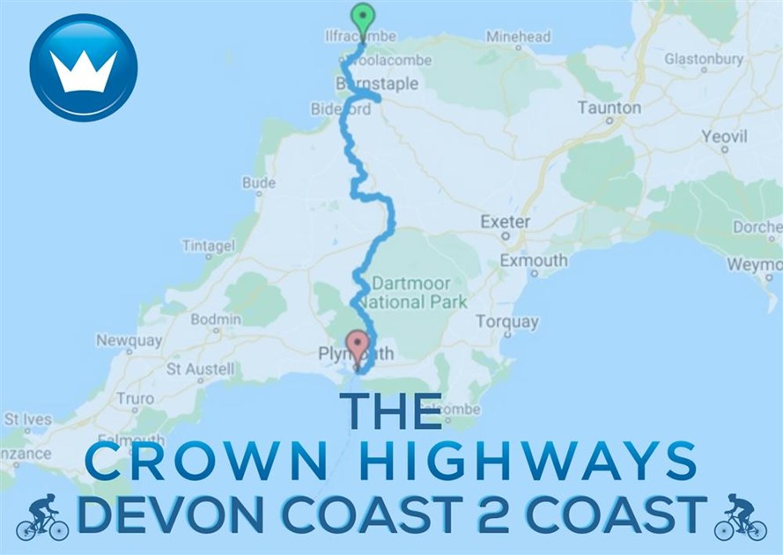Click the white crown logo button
click(x=84, y=68)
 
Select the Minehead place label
click(x=518, y=37)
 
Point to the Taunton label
click(x=609, y=107)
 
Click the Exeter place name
click(x=506, y=222)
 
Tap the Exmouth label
click(x=534, y=261)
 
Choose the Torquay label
click(x=506, y=322)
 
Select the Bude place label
click(x=259, y=183)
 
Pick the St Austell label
click(x=201, y=368)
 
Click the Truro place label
click(x=135, y=398)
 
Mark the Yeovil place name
click(x=724, y=138)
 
